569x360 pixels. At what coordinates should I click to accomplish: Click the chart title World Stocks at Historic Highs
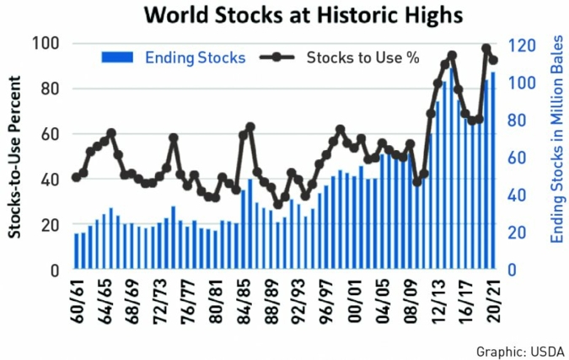283,14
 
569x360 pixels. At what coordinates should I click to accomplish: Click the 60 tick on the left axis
51,134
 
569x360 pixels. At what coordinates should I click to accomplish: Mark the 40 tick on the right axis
517,195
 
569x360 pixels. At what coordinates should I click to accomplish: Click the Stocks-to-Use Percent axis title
15,156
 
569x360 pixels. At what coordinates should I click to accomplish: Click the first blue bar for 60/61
76,251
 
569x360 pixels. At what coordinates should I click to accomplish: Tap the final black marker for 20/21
494,60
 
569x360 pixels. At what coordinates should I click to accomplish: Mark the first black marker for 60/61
76,177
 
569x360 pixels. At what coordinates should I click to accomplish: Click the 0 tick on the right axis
511,270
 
